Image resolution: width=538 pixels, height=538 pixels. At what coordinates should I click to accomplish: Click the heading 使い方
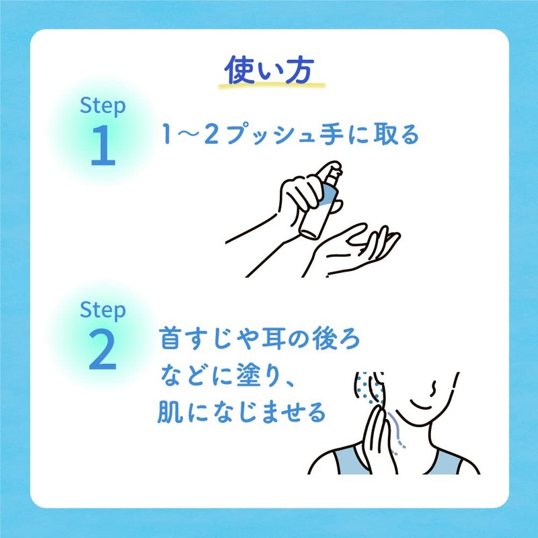point(269,71)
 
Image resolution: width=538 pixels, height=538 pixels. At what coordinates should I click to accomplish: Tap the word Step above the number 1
point(103,106)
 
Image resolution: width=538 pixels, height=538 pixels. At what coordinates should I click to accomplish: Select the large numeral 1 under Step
point(103,145)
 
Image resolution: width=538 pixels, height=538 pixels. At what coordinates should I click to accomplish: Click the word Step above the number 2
point(103,310)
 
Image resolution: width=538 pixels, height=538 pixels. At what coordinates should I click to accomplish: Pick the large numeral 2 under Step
point(103,349)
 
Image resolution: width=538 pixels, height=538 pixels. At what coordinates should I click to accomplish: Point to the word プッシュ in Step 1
point(270,134)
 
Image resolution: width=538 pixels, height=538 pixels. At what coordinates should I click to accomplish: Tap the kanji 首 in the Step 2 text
point(170,338)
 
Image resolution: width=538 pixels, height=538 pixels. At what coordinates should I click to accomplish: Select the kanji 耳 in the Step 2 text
point(273,338)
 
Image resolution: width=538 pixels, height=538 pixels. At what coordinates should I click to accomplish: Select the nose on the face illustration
point(433,389)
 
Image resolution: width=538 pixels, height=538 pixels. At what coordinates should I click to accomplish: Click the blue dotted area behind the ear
point(367,388)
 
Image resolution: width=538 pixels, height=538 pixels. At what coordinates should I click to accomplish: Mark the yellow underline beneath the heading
point(272,85)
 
